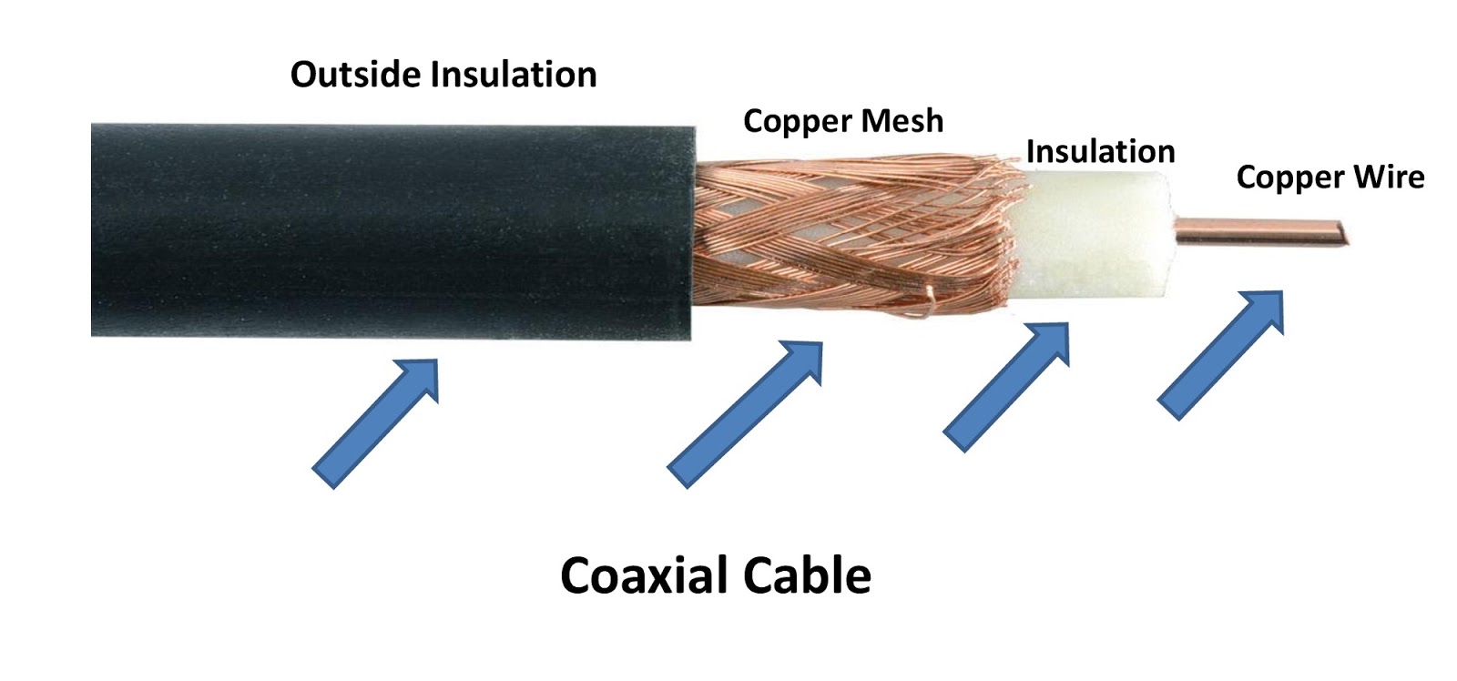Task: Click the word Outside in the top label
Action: pyautogui.click(x=355, y=75)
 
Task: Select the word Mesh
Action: pyautogui.click(x=902, y=121)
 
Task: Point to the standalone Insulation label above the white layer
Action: pyautogui.click(x=1100, y=151)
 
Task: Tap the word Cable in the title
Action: pyautogui.click(x=807, y=575)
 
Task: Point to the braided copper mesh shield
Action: pyautogui.click(x=820, y=237)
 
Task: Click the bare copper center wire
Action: pyautogui.click(x=1257, y=231)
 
